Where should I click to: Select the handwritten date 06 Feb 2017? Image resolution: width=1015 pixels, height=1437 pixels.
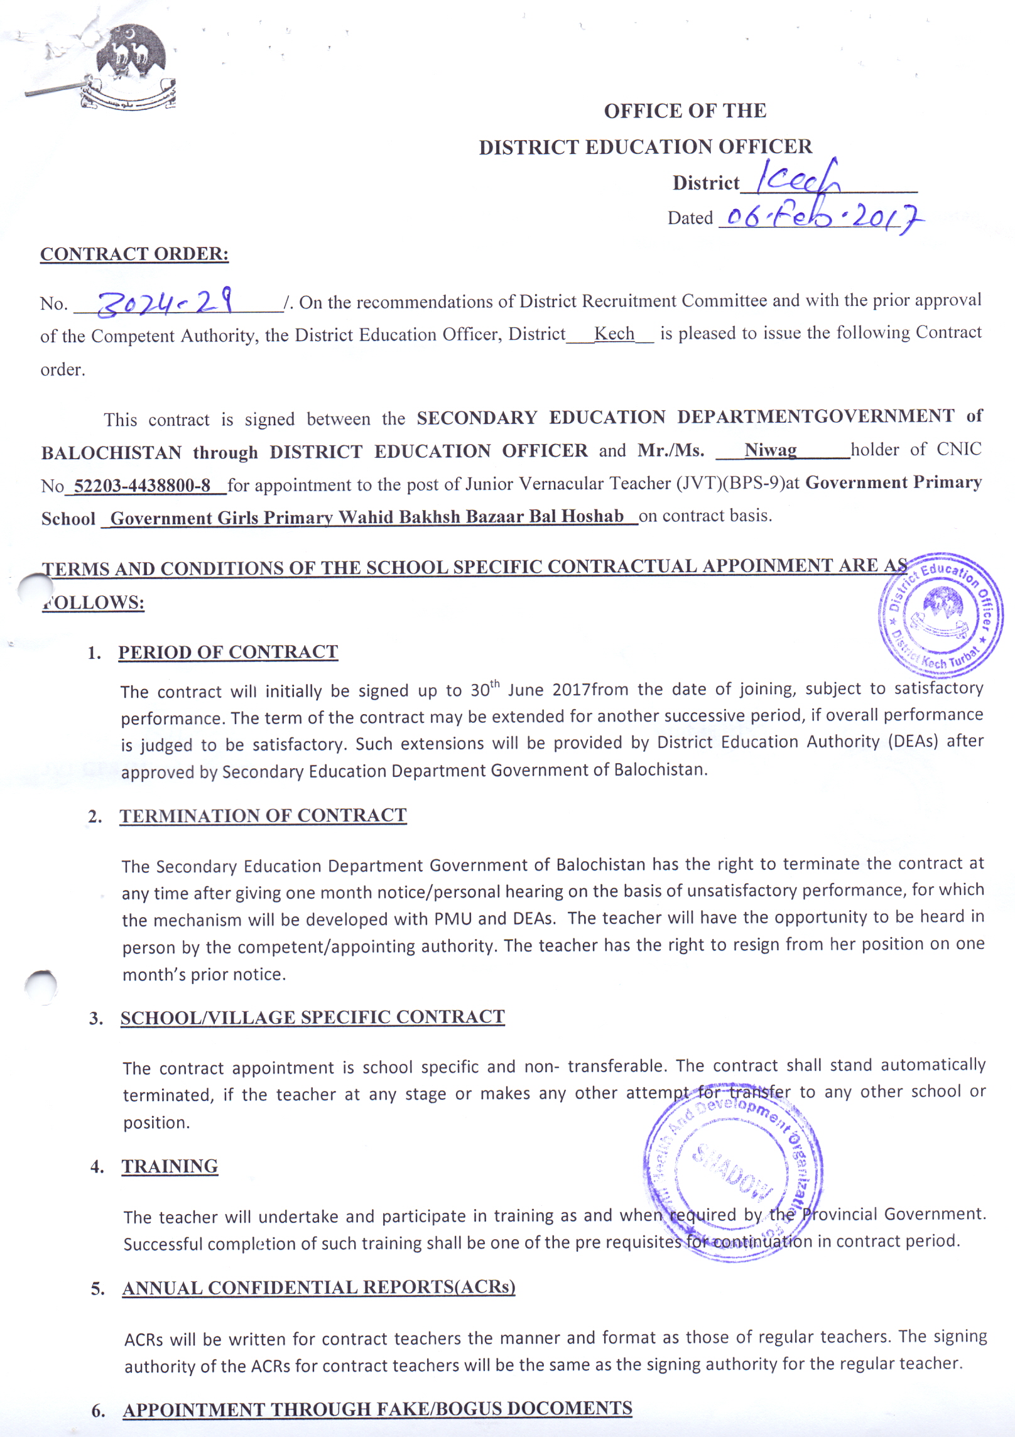(822, 218)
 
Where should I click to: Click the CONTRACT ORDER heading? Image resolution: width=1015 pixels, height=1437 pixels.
(134, 254)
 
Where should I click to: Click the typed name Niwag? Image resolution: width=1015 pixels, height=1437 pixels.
(770, 450)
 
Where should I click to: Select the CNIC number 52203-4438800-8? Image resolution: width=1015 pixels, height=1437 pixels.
(142, 485)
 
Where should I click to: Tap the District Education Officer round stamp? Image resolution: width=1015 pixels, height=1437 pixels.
(940, 615)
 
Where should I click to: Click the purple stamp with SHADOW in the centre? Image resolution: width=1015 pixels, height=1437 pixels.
(734, 1172)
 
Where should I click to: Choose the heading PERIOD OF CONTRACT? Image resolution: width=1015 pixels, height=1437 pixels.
(228, 652)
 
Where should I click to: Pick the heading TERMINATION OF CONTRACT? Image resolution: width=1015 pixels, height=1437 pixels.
(263, 815)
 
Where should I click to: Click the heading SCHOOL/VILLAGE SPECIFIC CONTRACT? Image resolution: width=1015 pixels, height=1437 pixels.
(312, 1017)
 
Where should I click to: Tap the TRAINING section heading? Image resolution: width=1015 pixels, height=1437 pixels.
(170, 1166)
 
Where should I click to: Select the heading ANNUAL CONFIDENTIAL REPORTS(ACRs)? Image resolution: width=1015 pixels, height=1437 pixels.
(318, 1288)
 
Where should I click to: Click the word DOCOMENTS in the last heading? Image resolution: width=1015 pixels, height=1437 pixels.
(569, 1408)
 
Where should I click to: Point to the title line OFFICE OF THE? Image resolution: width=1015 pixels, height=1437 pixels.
(685, 111)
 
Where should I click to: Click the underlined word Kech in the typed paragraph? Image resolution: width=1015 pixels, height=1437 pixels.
(614, 333)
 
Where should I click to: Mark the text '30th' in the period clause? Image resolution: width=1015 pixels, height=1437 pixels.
(484, 690)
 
